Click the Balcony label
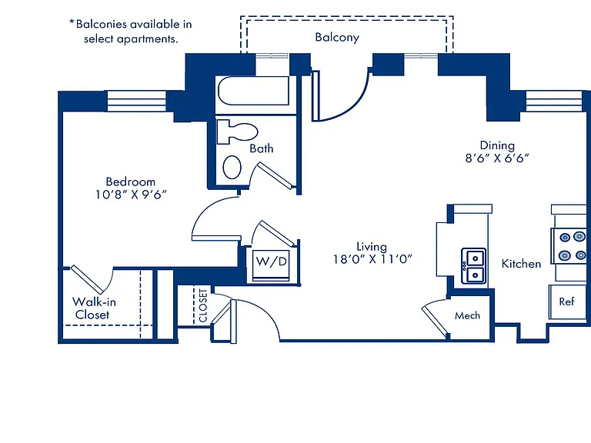point(337,37)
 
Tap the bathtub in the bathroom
point(254,91)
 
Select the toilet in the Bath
point(238,132)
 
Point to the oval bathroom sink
point(232,167)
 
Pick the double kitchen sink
point(474,266)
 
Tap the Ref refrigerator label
point(566,301)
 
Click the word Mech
point(467,315)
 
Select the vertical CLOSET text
point(203,305)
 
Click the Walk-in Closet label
point(94,308)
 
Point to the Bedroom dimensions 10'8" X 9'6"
point(130,195)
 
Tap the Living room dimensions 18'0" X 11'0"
point(372,259)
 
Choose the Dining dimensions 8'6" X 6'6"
point(497,158)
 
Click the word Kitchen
point(521,264)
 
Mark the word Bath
point(262,148)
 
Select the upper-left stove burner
point(565,238)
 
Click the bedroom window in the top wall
point(137,101)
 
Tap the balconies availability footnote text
point(130,32)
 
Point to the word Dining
point(497,145)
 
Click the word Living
point(372,247)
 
